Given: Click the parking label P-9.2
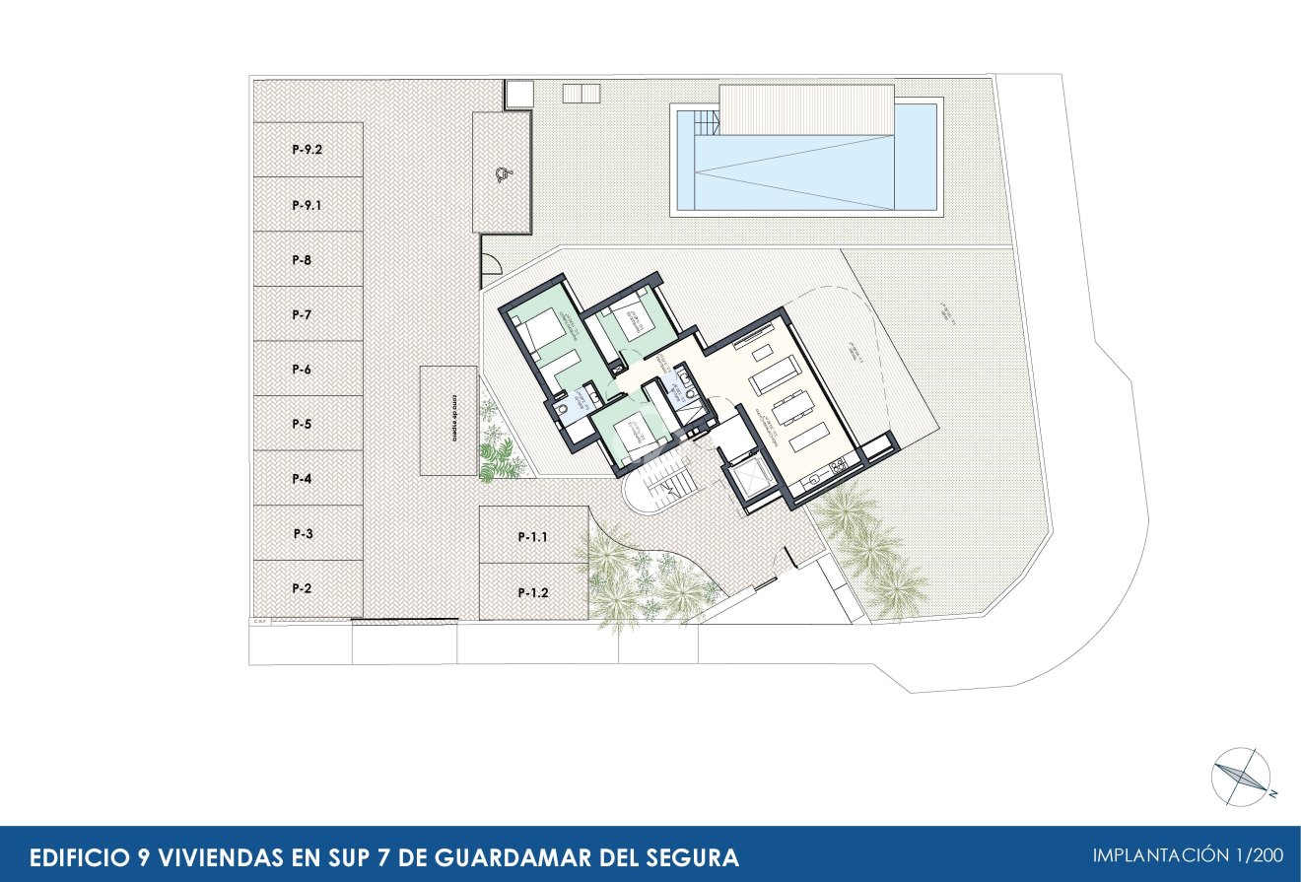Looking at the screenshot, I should (308, 151).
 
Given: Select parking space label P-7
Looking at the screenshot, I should (302, 314).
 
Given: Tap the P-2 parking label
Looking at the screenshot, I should (302, 588).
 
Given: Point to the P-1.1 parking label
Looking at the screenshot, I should (533, 538).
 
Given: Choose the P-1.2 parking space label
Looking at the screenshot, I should (533, 593).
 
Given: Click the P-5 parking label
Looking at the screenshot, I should (302, 424).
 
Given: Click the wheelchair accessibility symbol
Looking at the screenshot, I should (503, 175).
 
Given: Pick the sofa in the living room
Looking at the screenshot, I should (775, 373).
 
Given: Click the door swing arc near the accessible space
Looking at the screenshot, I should (489, 260).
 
